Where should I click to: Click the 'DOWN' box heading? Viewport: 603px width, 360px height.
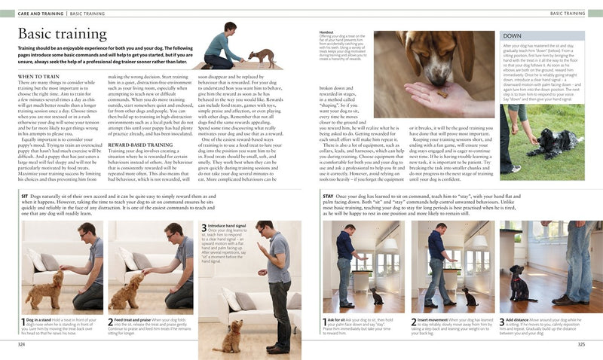tap(513, 36)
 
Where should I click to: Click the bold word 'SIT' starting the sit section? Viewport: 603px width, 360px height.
tap(25, 196)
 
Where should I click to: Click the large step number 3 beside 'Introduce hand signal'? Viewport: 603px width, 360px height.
tap(204, 227)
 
